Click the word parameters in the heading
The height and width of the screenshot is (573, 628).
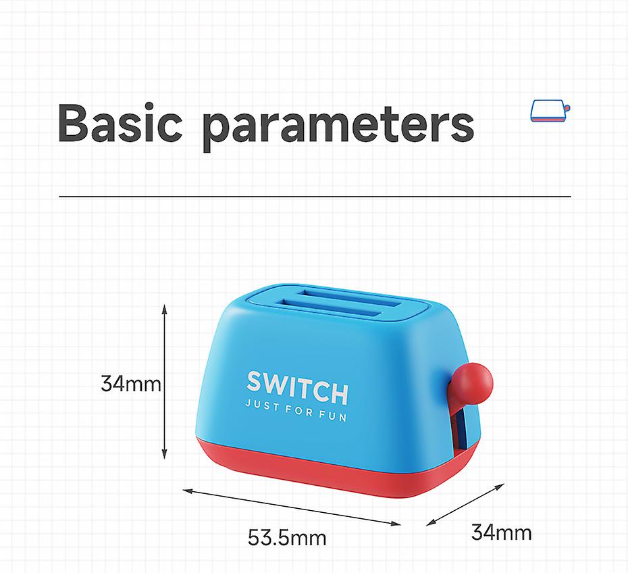point(338,125)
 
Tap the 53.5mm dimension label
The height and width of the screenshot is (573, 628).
point(287,538)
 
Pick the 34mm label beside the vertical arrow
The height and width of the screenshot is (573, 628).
point(131,384)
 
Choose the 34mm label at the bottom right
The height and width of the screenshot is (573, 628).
point(501,532)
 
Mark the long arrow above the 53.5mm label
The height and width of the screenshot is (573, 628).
point(292,505)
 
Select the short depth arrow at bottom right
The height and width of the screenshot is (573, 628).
point(466,504)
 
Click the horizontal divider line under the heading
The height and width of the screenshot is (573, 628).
point(315,197)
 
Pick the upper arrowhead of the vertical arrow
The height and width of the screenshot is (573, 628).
point(164,309)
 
